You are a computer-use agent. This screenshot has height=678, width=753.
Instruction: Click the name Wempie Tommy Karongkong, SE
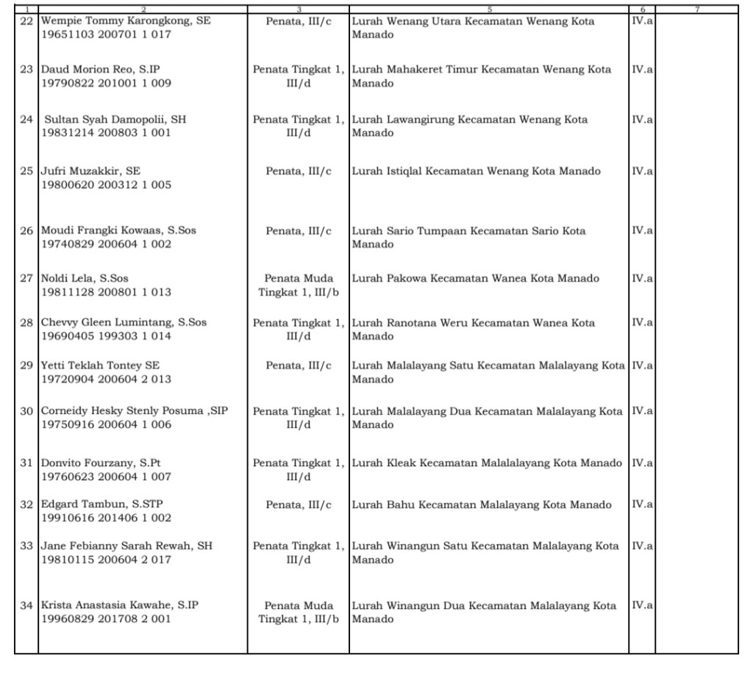pyautogui.click(x=126, y=21)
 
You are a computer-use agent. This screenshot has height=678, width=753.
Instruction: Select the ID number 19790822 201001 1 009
pyautogui.click(x=106, y=84)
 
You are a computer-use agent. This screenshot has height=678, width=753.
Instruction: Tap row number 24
pyautogui.click(x=26, y=119)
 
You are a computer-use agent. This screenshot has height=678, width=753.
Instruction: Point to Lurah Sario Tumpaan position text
pyautogui.click(x=468, y=238)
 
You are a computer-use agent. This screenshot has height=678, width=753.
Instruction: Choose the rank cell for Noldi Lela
pyautogui.click(x=298, y=285)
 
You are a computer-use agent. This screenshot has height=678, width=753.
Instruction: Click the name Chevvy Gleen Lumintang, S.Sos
pyautogui.click(x=124, y=323)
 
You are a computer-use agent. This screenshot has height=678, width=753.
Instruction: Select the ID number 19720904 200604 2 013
pyautogui.click(x=106, y=379)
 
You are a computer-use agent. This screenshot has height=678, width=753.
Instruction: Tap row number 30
pyautogui.click(x=26, y=411)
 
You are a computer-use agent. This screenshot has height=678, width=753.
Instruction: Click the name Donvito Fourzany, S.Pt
pyautogui.click(x=101, y=463)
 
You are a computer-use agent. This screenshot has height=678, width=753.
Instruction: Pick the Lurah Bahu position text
pyautogui.click(x=482, y=505)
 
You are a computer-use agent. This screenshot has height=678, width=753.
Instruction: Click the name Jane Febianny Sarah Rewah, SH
pyautogui.click(x=126, y=546)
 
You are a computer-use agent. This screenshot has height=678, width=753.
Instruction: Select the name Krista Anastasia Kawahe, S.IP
pyautogui.click(x=119, y=606)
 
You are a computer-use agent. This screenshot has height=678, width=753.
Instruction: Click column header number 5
pyautogui.click(x=488, y=9)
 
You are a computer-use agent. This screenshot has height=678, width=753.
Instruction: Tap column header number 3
pyautogui.click(x=298, y=9)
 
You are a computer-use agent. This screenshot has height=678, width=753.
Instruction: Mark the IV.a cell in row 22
pyautogui.click(x=642, y=21)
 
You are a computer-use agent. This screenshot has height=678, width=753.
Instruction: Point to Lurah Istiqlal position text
pyautogui.click(x=476, y=171)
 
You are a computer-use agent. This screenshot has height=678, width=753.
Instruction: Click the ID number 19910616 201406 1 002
pyautogui.click(x=106, y=518)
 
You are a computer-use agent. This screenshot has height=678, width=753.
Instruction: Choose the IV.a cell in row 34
pyautogui.click(x=642, y=605)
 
